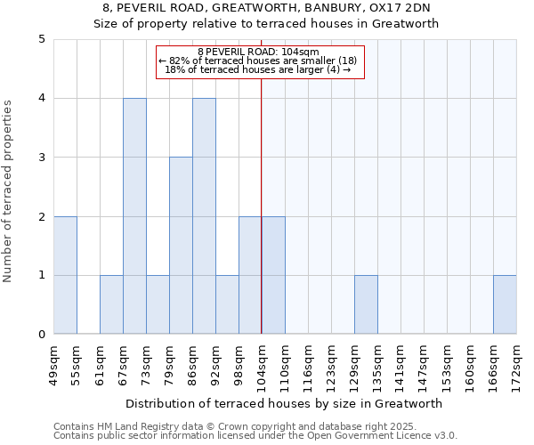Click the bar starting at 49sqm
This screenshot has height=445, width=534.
click(65, 275)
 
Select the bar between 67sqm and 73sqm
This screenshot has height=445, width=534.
click(134, 216)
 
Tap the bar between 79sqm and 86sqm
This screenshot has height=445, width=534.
click(181, 246)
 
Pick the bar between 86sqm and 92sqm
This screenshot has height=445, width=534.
click(204, 216)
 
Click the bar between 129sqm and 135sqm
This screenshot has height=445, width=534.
click(366, 304)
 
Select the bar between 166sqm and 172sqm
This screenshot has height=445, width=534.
click(505, 304)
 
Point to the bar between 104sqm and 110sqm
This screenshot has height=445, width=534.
click(273, 275)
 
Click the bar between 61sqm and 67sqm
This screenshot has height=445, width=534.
click(111, 304)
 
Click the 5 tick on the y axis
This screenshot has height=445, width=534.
click(41, 39)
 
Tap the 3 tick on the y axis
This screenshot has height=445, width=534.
click(41, 158)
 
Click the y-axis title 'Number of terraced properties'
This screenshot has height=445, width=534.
click(9, 190)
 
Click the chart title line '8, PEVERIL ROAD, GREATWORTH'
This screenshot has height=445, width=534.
click(267, 8)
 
